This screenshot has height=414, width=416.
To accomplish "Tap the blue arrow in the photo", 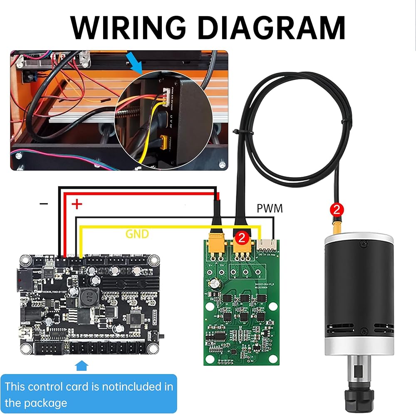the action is point(135,65).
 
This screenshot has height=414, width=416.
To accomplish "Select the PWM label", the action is point(269,208).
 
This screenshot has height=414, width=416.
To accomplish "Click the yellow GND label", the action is point(137,234).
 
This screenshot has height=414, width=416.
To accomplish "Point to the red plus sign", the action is point(77,204).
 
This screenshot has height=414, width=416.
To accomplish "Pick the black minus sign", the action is point(44,204).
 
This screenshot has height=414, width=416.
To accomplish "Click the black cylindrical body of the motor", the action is point(358,287).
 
